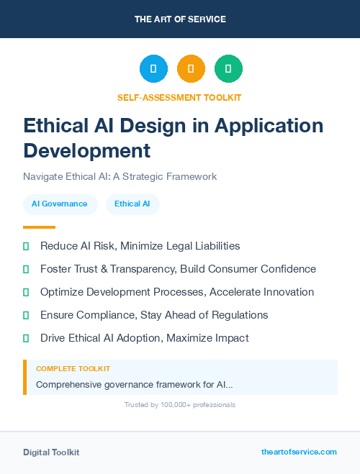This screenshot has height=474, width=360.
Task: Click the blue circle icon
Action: [x=153, y=69]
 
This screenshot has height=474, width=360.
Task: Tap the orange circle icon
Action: [x=191, y=69]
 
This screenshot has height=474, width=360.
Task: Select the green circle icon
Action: [x=228, y=69]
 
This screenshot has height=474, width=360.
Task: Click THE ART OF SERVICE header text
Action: [x=180, y=19]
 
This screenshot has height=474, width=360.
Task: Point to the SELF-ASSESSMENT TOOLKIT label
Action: [x=179, y=97]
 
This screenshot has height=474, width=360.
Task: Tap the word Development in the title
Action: [x=87, y=151]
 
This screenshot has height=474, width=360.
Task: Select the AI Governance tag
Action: [x=60, y=204]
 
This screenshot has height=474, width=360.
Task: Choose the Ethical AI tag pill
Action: [x=132, y=204]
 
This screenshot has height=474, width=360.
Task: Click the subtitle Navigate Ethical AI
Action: [x=120, y=176]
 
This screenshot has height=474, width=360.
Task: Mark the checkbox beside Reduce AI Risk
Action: [x=26, y=247]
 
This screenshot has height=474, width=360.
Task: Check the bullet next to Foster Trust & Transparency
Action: [x=26, y=270]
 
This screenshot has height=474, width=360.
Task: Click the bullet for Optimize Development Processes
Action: [x=26, y=293]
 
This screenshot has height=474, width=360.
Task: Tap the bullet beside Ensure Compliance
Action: [x=26, y=316]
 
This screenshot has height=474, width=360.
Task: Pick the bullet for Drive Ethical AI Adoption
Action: [x=26, y=339]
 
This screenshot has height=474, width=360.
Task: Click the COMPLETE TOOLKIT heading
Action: [x=73, y=369]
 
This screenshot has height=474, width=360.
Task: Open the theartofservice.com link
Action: [x=299, y=452]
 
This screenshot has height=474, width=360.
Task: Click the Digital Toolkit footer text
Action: [x=51, y=452]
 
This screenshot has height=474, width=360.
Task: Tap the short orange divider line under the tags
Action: [x=39, y=227]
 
